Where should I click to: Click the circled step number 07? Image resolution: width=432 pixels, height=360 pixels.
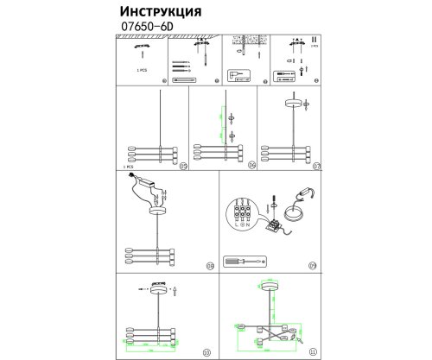tap(316, 165)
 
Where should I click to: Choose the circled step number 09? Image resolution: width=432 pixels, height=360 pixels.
tap(313, 266)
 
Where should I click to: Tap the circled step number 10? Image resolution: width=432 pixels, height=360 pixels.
tap(206, 352)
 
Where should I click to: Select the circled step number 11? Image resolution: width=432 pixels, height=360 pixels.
tap(312, 352)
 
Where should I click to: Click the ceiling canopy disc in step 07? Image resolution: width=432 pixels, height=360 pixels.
tap(292, 102)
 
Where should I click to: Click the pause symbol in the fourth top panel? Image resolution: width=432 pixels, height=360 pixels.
tap(314, 41)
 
